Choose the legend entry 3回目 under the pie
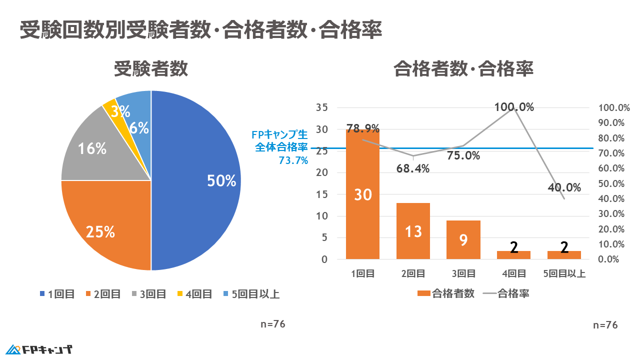tap(148, 294)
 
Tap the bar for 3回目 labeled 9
tap(463, 240)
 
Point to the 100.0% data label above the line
tap(514, 107)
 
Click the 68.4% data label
tap(413, 168)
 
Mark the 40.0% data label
tap(564, 187)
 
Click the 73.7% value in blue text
tap(293, 160)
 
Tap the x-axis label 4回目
tap(513, 273)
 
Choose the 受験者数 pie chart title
tap(150, 69)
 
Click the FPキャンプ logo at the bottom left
tap(39, 349)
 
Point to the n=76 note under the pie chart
tap(273, 323)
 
